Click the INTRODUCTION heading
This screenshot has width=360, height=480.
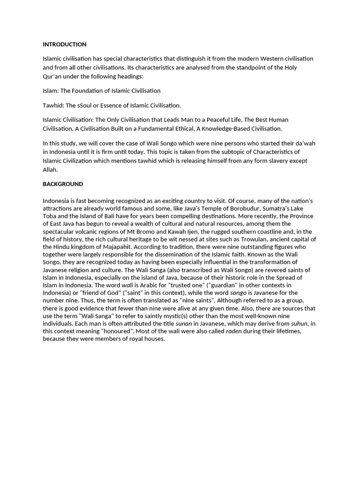[65, 45]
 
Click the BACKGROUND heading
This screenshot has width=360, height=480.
[63, 184]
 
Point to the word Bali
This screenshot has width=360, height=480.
[113, 216]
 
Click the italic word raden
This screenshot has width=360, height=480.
[234, 331]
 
